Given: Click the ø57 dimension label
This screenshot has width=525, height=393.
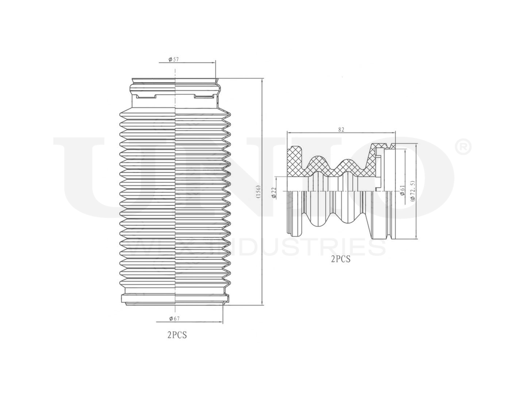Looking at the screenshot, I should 174,60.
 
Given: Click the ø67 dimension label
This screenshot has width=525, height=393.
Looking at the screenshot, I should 175,319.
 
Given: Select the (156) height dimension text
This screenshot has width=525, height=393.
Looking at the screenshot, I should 257,192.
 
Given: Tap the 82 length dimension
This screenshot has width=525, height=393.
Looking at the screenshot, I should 341,128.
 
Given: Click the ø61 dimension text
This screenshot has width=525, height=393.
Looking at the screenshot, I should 402,190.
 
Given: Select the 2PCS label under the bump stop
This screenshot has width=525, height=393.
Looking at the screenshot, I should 340,258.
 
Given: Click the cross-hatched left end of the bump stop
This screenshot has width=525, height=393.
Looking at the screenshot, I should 296,161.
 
